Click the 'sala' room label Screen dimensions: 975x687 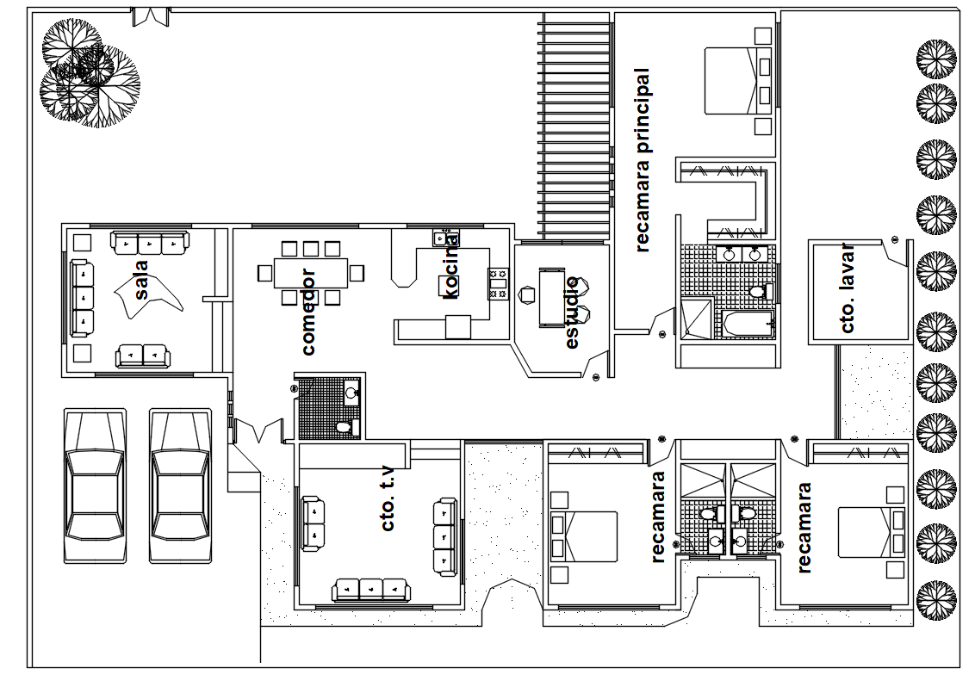point(142,280)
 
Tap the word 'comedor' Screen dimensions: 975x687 point(307,312)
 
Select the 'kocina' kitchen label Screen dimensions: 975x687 point(450,266)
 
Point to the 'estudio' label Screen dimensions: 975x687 point(572,313)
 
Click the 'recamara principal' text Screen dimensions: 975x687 point(643,160)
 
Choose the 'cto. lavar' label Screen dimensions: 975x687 point(847,288)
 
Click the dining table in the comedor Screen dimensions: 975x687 point(310,273)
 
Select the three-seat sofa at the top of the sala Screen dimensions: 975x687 point(150,243)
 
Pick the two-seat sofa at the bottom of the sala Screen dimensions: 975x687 point(143,356)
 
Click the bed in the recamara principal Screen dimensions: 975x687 point(738,81)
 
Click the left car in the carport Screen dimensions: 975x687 point(95,486)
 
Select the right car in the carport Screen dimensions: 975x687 point(180,486)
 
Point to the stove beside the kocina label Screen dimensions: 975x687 point(498,284)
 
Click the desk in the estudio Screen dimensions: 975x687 point(551,298)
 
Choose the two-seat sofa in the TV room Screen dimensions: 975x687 point(313,523)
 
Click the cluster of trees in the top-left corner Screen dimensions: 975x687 point(90,72)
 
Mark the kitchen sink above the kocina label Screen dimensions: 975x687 point(446,238)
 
